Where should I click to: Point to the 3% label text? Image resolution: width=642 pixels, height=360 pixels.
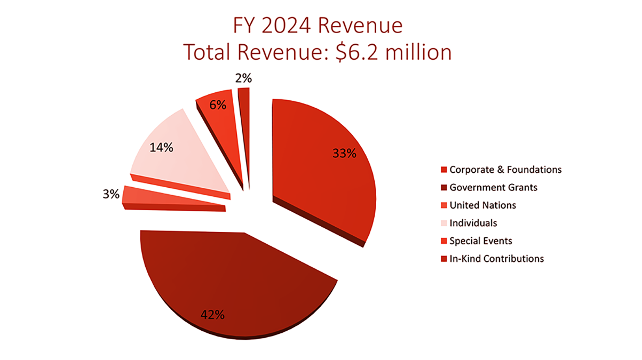pos(111,195)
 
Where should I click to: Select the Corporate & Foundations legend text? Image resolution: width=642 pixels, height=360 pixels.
pos(505,170)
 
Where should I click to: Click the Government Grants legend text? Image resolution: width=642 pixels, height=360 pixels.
pos(493,188)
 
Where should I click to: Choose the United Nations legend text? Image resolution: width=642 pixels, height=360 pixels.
pos(482,205)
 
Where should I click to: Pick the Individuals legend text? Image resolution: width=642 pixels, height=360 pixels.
pos(473,223)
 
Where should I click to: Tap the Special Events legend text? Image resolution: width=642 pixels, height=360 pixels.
pos(481,241)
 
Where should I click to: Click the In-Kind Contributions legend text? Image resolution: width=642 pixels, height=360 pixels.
pos(496,259)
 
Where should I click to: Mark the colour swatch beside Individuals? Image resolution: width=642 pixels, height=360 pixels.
pos(443,223)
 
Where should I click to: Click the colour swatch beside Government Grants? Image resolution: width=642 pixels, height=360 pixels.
pos(443,188)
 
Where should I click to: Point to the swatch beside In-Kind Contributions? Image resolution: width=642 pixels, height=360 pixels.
pos(443,259)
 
